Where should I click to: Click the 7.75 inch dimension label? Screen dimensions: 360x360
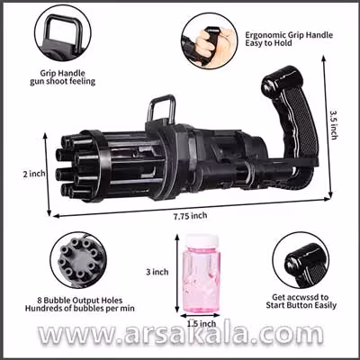pos(190,215)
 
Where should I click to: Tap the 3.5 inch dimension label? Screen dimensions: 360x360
pos(334,124)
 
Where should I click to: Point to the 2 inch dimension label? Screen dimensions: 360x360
pos(34,174)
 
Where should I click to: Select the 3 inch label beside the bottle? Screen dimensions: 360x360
pos(157,272)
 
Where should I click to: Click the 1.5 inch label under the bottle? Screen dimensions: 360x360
pos(202,324)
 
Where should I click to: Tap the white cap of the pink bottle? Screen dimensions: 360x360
pos(202,241)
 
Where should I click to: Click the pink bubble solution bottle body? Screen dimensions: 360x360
pos(202,279)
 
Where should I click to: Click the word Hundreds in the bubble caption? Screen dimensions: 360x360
pos(42,308)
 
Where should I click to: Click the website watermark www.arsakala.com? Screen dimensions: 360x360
pos(181,335)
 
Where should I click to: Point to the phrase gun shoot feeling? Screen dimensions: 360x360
pos(63,81)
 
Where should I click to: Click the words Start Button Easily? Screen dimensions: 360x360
pos(301,305)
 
